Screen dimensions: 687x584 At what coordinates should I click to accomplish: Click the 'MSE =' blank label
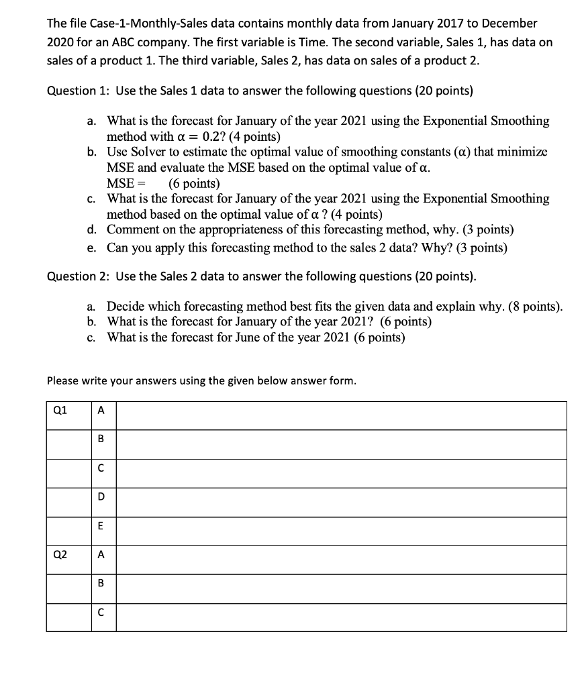tap(126, 183)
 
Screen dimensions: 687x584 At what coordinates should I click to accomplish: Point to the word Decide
tap(126, 307)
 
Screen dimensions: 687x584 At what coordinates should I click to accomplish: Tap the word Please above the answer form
tap(64, 381)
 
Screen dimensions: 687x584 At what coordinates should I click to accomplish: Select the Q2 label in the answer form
tap(60, 555)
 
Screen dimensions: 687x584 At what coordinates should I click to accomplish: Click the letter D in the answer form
tap(101, 498)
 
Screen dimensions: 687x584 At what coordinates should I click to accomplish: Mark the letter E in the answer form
tap(101, 527)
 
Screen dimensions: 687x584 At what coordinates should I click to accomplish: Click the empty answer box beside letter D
tap(340, 498)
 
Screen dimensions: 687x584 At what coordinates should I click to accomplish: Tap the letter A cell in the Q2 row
tap(101, 555)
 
